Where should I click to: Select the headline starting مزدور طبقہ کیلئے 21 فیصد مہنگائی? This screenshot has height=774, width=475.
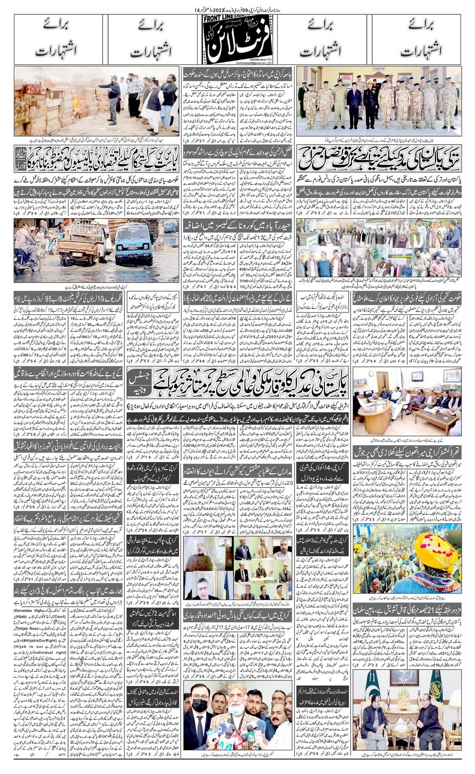point(407,609)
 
